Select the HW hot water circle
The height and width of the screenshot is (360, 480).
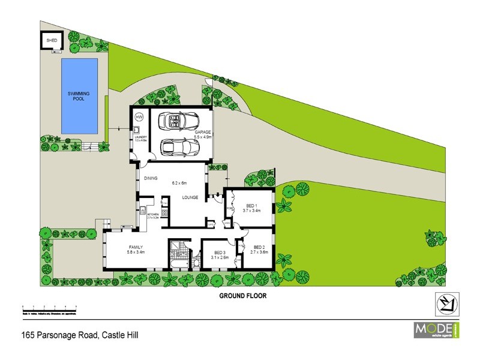click(139, 116)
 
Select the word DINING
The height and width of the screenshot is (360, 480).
click(150, 178)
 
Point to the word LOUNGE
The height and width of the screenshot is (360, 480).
click(190, 197)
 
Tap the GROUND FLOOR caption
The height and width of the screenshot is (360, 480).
click(242, 296)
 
